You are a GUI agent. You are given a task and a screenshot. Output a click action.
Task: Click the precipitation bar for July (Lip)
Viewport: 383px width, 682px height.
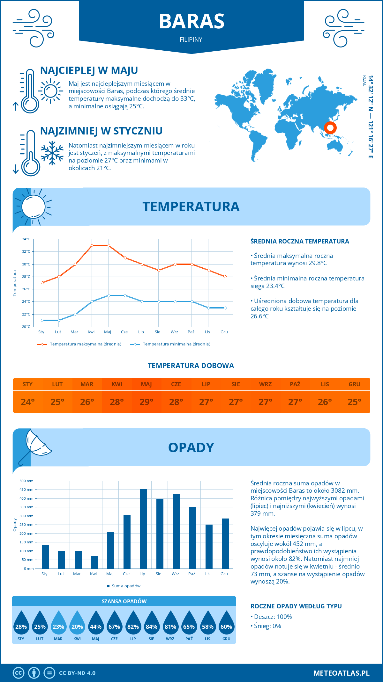144,529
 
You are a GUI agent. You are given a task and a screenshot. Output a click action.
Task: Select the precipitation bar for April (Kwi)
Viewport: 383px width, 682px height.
94,562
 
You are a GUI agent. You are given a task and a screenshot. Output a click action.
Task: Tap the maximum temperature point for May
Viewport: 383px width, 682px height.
109,245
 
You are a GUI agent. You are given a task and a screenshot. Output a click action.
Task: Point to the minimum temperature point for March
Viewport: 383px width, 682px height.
75,314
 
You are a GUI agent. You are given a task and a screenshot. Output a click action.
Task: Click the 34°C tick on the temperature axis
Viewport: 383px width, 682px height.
26,239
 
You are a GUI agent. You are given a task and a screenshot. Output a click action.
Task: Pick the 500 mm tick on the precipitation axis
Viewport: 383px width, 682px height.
26,481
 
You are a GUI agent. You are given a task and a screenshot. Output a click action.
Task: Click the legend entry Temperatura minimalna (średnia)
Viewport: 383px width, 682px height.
176,344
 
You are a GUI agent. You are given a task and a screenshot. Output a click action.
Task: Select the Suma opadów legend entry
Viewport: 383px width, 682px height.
126,586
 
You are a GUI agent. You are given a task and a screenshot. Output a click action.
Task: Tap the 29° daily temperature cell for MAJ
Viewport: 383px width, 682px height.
146,402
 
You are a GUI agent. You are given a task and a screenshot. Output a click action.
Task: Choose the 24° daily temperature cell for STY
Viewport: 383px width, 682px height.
28,402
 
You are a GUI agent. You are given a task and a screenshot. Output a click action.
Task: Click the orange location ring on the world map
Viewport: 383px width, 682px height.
330,128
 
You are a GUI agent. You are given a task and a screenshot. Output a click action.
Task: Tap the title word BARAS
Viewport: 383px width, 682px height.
191,21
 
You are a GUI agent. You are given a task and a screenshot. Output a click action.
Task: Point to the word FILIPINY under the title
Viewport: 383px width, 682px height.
191,40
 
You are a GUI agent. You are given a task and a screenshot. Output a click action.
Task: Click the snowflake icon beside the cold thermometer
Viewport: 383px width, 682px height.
52,153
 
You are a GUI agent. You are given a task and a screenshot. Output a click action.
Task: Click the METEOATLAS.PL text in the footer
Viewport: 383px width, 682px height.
342,673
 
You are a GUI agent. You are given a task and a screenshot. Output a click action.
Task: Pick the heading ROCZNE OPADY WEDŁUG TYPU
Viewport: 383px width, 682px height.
296,606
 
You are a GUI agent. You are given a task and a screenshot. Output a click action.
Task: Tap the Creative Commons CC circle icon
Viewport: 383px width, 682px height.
19,673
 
